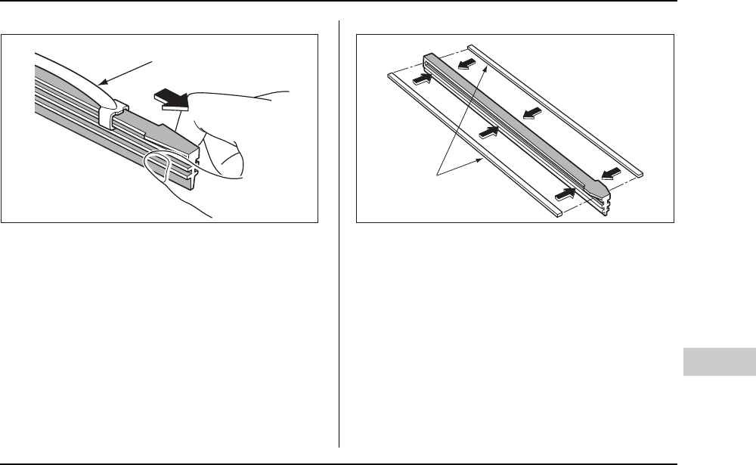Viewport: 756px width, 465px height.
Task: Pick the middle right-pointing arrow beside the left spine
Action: pyautogui.click(x=489, y=131)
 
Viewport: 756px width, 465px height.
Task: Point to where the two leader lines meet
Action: pyautogui.click(x=438, y=176)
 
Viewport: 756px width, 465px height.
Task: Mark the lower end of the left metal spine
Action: pyautogui.click(x=556, y=215)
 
